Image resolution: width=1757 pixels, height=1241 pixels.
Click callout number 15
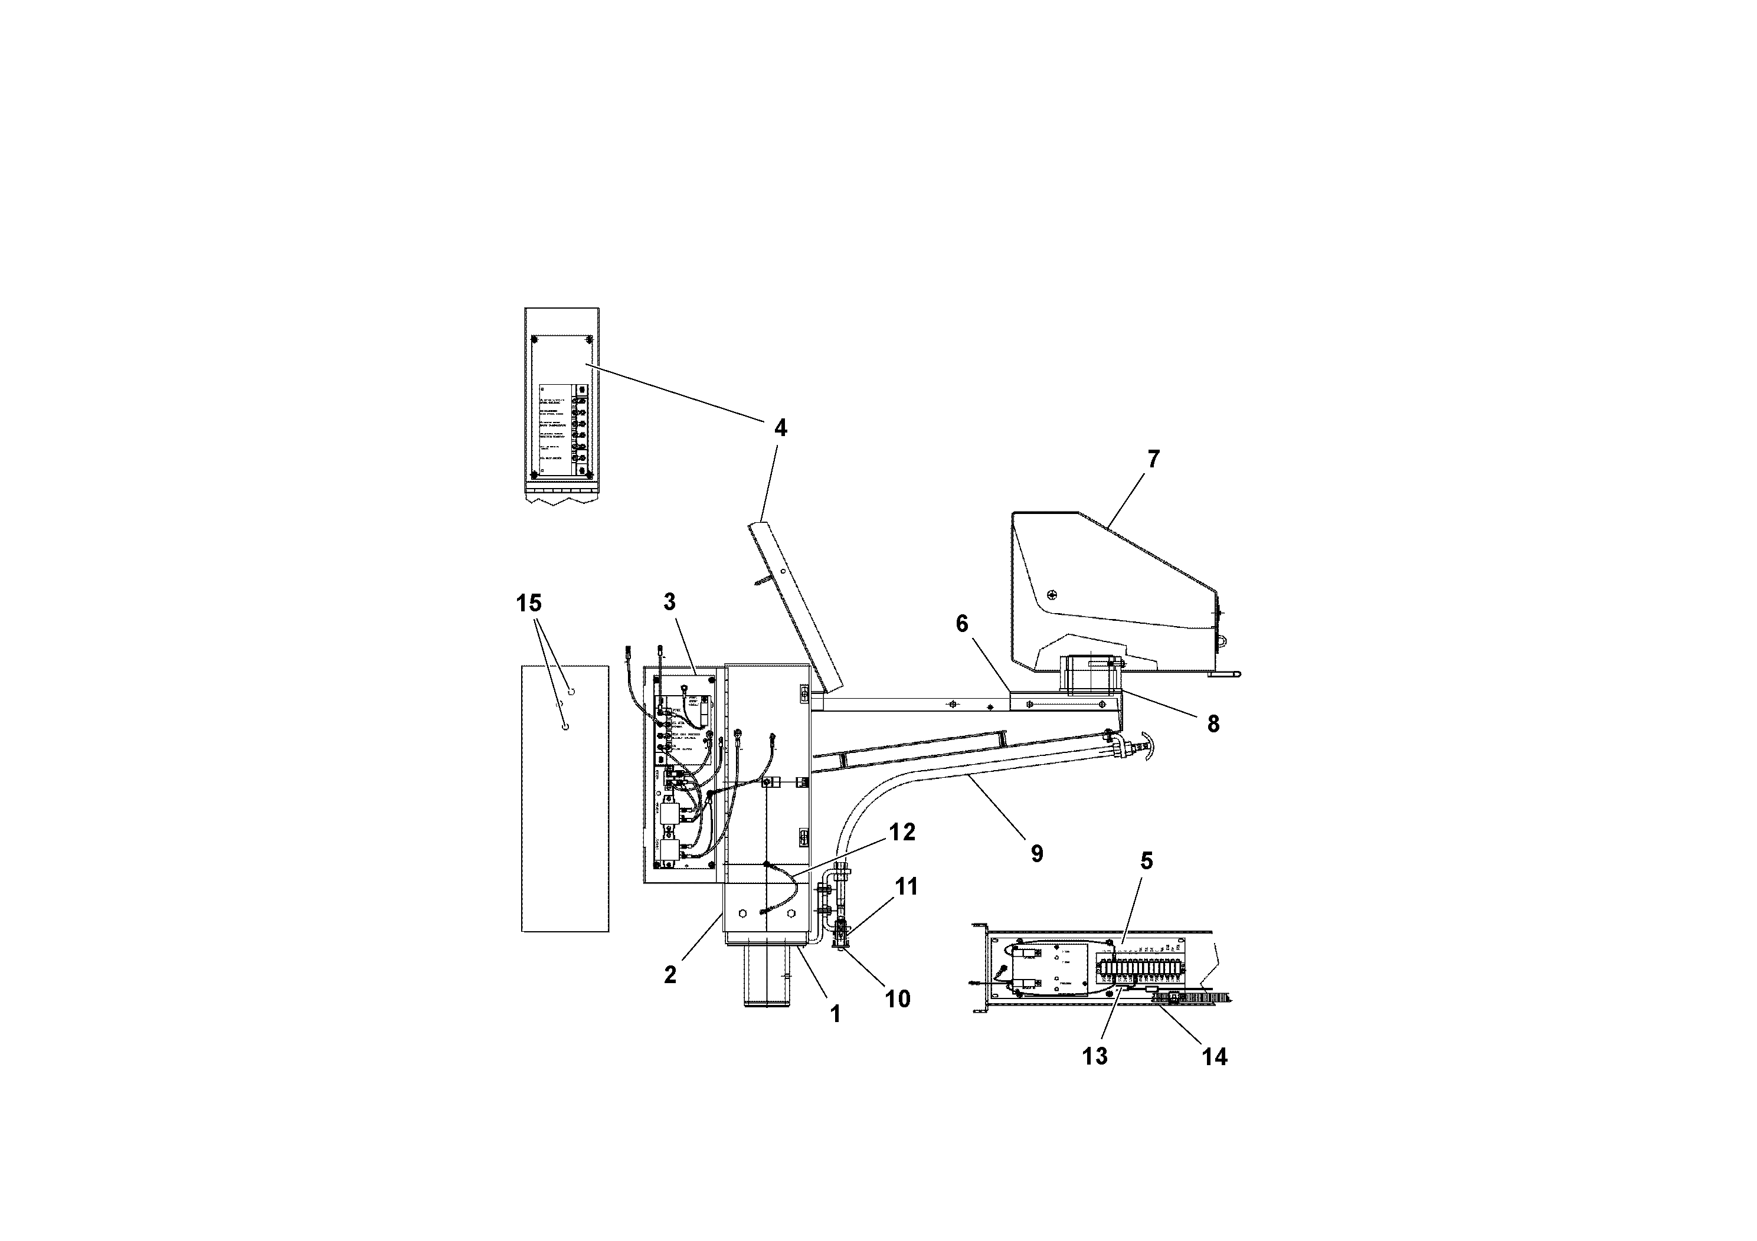click(528, 604)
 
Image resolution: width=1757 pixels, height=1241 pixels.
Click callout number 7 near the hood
click(1153, 459)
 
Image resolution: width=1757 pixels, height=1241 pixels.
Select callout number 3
click(670, 602)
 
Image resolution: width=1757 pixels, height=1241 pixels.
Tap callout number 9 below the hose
click(1037, 854)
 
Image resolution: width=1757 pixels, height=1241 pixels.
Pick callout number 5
click(1146, 861)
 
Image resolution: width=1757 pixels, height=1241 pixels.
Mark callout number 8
click(1213, 724)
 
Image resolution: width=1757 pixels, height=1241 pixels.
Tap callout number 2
click(670, 975)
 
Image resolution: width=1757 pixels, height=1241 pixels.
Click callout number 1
click(836, 1014)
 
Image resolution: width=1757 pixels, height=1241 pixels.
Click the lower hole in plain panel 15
click(565, 727)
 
